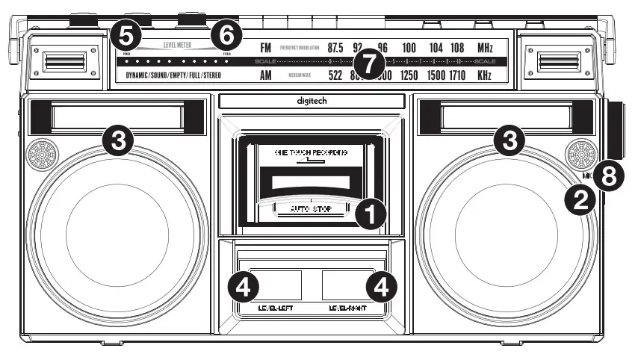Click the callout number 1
[371, 214]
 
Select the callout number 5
[126, 34]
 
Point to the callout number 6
[227, 34]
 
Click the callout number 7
[365, 61]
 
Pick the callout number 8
[609, 176]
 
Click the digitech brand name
[312, 100]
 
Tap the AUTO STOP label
[310, 209]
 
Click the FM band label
[265, 48]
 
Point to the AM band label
[265, 75]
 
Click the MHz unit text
[485, 48]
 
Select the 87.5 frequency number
[335, 48]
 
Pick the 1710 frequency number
[458, 75]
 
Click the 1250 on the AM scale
[409, 75]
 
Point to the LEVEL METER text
[177, 45]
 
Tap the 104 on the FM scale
[436, 48]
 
